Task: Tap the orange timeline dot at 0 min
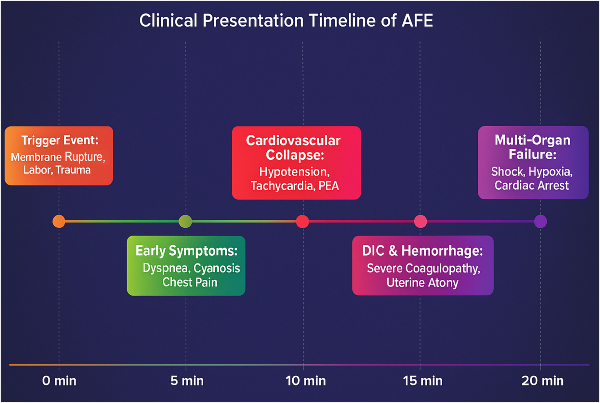(x=59, y=221)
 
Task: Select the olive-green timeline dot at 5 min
(x=185, y=221)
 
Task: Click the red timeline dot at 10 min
(x=302, y=221)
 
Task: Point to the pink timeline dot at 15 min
(x=420, y=221)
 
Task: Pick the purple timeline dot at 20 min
(x=540, y=221)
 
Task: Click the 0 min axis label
(x=59, y=381)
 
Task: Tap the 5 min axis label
(x=187, y=381)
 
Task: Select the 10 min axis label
(x=305, y=381)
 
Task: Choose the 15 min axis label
(x=422, y=381)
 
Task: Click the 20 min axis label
(x=542, y=381)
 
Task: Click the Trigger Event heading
(x=60, y=140)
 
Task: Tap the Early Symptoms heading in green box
(x=186, y=251)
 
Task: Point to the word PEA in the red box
(x=329, y=186)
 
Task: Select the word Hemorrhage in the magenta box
(x=442, y=251)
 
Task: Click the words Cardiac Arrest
(x=531, y=185)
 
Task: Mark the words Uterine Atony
(x=422, y=282)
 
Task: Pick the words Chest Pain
(x=190, y=282)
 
